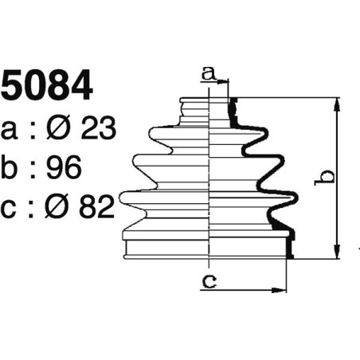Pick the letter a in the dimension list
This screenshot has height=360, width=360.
(x=10, y=129)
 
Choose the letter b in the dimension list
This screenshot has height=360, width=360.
(x=10, y=167)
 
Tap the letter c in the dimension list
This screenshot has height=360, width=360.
(x=10, y=209)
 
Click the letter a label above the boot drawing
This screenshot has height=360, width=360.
(x=209, y=73)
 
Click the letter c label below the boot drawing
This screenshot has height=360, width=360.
(x=209, y=280)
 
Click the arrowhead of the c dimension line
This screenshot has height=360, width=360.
(x=280, y=288)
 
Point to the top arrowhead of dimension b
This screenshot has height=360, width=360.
(x=338, y=103)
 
